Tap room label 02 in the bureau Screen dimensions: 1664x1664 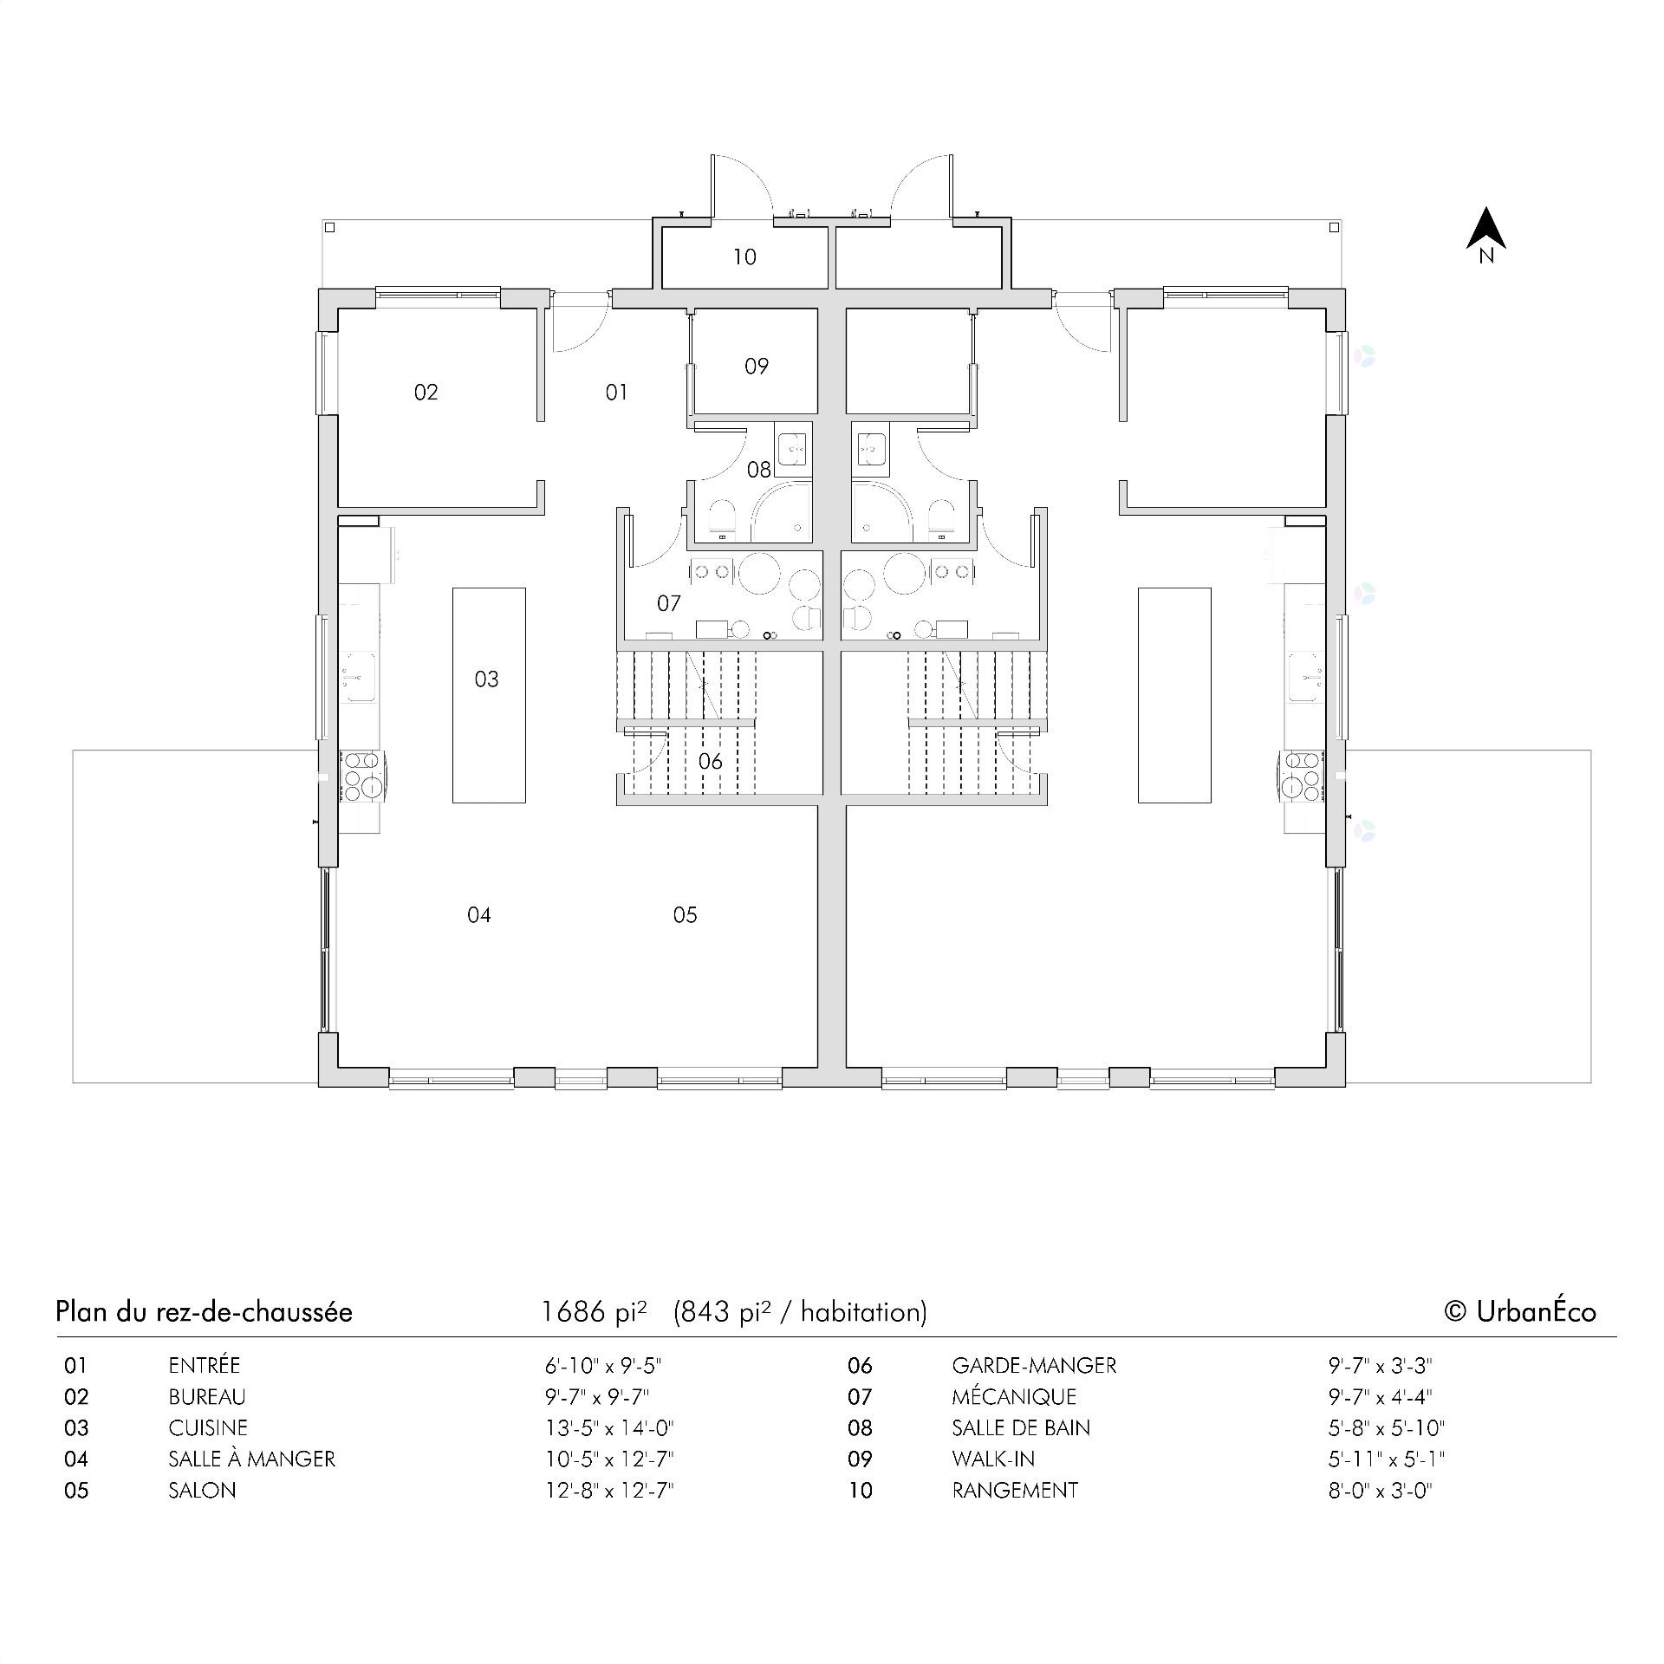click(x=426, y=393)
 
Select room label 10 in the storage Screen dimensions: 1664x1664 click(x=744, y=257)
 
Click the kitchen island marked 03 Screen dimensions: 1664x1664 click(x=489, y=695)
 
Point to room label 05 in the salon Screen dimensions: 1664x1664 click(x=685, y=914)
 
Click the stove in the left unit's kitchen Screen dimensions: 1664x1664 click(x=361, y=776)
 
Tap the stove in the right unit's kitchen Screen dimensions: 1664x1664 click(x=1302, y=776)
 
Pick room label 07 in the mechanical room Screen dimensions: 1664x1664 click(x=668, y=602)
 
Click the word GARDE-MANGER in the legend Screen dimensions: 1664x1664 click(x=1033, y=1366)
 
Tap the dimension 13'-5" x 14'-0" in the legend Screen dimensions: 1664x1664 click(x=609, y=1428)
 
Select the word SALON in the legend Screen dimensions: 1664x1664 click(x=202, y=1491)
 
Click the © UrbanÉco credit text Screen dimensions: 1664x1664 click(x=1519, y=1312)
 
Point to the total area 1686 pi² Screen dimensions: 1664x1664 click(x=594, y=1312)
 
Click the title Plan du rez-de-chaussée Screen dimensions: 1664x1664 click(x=204, y=1312)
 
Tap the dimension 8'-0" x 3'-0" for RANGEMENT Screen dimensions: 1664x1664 click(x=1380, y=1491)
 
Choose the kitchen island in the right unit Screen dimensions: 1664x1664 click(x=1174, y=695)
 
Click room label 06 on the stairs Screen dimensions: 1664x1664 click(x=710, y=761)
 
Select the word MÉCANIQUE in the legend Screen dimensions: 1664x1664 click(x=1013, y=1397)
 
